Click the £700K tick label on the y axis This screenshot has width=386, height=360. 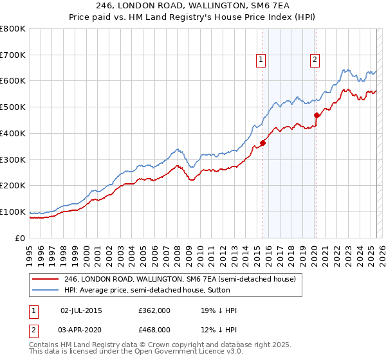click(x=13, y=55)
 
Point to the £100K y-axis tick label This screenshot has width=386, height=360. click(x=13, y=212)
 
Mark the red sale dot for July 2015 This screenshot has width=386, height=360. click(x=262, y=143)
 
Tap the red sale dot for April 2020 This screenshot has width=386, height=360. click(x=317, y=115)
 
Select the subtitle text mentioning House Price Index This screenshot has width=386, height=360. click(x=192, y=18)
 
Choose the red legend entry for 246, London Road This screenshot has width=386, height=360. click(x=179, y=279)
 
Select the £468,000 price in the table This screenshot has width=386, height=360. click(x=154, y=329)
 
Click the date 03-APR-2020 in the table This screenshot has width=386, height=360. click(x=81, y=329)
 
